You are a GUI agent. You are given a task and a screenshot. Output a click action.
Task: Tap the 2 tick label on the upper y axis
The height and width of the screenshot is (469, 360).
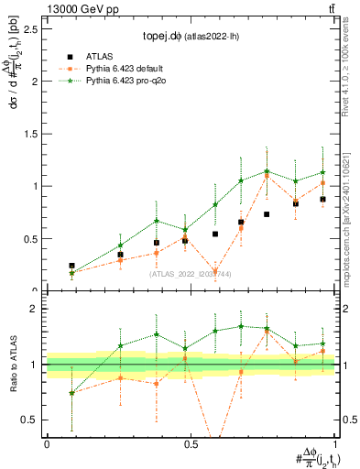tap(35, 81)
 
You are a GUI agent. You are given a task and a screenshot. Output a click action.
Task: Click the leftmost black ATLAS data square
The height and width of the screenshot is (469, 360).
tap(72, 266)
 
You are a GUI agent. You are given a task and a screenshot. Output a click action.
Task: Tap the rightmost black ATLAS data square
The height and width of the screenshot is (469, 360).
tap(322, 199)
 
